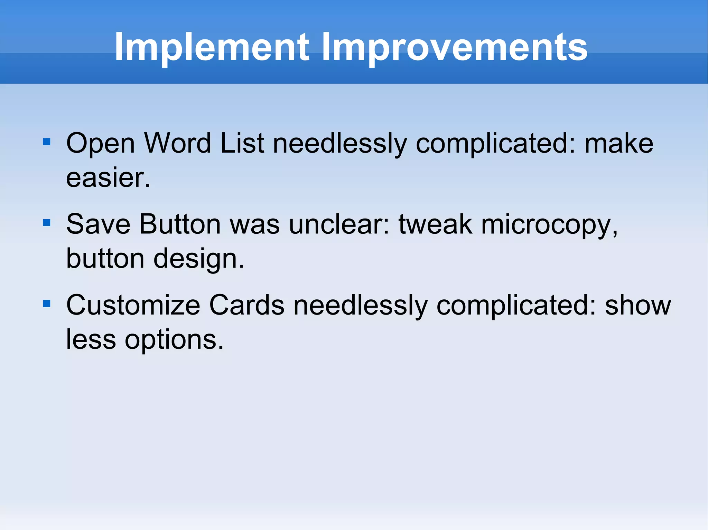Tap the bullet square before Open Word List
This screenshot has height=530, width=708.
[x=47, y=142]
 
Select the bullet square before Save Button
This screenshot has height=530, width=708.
[x=47, y=223]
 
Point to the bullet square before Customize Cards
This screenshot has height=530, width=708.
[x=47, y=304]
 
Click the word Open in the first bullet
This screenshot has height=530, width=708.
[x=100, y=143]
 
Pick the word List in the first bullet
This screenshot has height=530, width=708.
[x=242, y=143]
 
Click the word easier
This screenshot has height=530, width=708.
[x=108, y=178]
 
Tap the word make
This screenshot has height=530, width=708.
[x=618, y=143]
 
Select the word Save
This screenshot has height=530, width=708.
[x=98, y=224]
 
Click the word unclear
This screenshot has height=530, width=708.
[x=339, y=224]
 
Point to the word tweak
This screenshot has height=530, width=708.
[x=435, y=224]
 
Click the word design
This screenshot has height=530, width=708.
[x=199, y=259]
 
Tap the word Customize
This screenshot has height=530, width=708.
[x=133, y=306]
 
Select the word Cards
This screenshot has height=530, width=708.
[x=247, y=306]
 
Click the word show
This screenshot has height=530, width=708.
[x=638, y=306]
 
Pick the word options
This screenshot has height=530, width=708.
[x=174, y=340]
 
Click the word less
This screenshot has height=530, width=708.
[x=91, y=340]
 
